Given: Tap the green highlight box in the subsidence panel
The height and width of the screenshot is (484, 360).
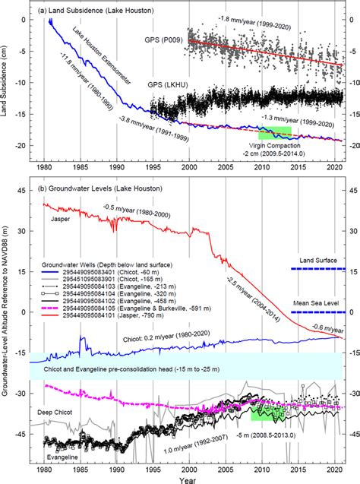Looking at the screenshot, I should tap(275, 130).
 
